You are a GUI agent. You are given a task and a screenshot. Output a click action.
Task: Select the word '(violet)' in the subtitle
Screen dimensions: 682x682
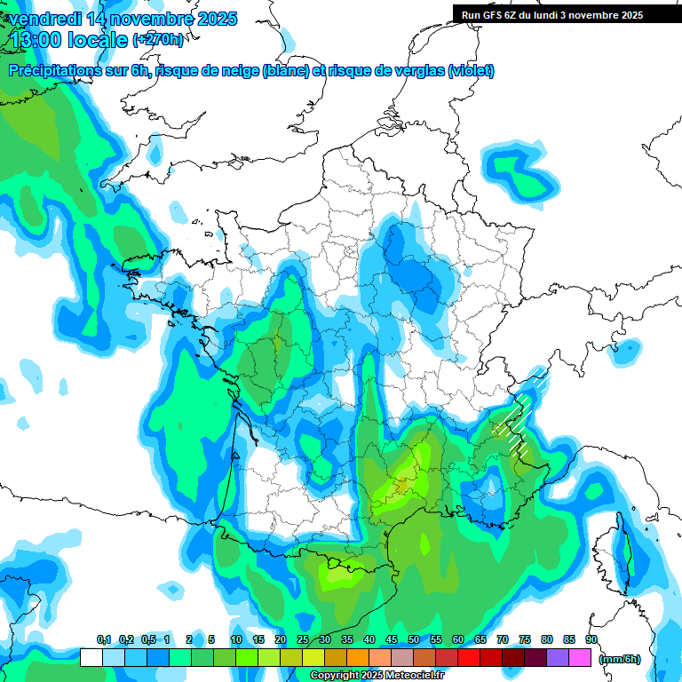470,71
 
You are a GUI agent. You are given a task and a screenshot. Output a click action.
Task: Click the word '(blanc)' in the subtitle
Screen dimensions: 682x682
286,71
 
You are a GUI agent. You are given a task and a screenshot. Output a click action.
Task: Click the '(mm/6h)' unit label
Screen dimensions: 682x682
620,658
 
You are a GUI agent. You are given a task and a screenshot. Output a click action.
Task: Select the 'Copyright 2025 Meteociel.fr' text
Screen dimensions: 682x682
377,676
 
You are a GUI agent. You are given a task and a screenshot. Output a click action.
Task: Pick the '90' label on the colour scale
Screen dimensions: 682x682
591,639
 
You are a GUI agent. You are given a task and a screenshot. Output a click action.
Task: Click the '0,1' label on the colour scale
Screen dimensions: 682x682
103,639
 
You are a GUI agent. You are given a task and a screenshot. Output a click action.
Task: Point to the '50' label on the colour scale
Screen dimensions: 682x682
414,639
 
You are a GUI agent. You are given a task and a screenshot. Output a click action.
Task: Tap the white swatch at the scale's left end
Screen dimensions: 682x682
91,658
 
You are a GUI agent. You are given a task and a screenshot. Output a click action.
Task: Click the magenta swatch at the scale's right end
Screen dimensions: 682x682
580,658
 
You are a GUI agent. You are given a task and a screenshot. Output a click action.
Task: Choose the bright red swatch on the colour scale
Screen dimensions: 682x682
469,658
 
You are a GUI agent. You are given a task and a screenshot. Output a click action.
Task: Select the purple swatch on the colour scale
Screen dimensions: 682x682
558,658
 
